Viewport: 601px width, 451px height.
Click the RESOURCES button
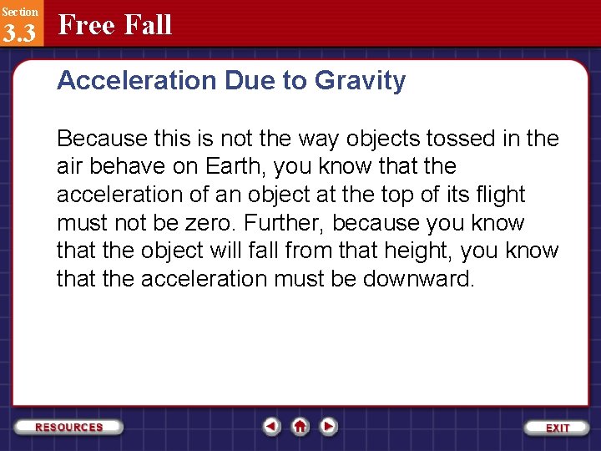pos(68,427)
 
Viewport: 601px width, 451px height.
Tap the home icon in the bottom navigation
pos(300,427)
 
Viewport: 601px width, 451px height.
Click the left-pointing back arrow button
pos(271,427)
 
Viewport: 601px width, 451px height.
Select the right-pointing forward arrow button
pos(329,427)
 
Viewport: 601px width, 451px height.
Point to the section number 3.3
pos(19,33)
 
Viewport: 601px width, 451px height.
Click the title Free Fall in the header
pos(115,25)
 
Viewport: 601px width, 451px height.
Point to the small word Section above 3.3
pos(19,11)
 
